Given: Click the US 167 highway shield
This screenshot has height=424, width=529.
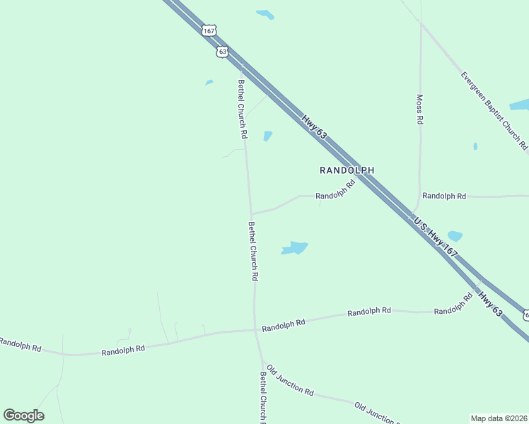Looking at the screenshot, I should coord(208,30).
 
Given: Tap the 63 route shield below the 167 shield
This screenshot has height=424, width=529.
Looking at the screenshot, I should coord(223,52).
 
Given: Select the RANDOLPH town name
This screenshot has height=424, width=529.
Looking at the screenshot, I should coord(347,170).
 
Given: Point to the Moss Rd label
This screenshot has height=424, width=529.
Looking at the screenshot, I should coord(419,110).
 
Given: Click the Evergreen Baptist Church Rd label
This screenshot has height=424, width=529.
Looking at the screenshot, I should coord(494,110).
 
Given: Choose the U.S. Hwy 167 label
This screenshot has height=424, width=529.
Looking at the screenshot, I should coord(437,236).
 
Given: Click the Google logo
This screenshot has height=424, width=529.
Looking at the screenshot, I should coord(23,416).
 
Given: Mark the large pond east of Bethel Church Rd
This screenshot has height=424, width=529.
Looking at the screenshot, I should coord(295,248).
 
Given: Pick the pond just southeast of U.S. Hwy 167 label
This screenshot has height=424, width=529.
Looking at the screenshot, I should coord(455,236).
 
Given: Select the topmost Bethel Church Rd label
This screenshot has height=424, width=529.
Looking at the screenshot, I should coord(242,108).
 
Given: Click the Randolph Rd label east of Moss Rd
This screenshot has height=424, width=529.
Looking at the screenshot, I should coord(444,196).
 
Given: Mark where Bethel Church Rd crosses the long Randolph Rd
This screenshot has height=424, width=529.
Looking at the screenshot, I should coord(255,329).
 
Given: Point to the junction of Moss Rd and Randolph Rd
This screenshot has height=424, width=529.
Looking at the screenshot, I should coord(418,196).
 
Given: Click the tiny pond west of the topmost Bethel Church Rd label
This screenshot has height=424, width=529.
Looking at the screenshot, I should coord(209,82).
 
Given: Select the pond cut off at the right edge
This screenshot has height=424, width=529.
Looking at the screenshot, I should coord(520,105).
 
